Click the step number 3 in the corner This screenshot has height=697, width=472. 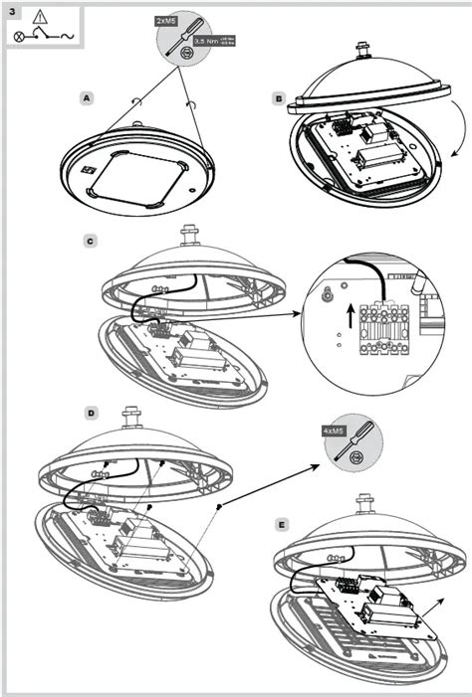[x=12, y=12]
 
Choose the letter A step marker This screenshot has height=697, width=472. [x=88, y=98]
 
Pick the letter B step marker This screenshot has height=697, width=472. [x=279, y=98]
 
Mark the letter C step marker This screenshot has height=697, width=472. [x=91, y=242]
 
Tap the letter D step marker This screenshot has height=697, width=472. [x=91, y=412]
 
